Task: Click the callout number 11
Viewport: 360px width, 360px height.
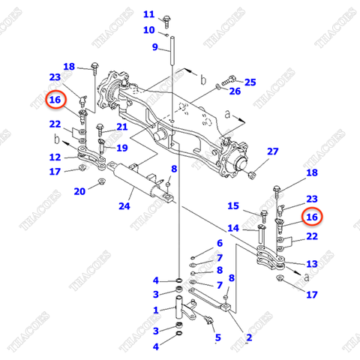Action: tap(148, 14)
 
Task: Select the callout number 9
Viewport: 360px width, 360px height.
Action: tap(154, 47)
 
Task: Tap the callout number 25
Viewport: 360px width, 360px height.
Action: tap(250, 82)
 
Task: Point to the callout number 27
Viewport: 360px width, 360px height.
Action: tap(272, 151)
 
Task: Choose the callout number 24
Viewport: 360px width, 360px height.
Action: tap(124, 205)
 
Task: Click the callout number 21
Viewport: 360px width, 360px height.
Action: tap(121, 127)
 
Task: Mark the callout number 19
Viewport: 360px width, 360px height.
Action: tap(122, 148)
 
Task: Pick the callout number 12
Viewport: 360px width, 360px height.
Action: tap(55, 157)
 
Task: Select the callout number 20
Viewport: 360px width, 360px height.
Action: tap(79, 191)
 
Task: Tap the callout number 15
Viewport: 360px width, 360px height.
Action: tap(232, 205)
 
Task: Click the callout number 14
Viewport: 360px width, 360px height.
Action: tap(232, 228)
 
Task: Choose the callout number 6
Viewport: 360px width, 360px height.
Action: tap(219, 243)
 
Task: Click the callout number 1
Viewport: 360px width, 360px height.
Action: tap(155, 310)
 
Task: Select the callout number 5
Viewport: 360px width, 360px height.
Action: tap(217, 337)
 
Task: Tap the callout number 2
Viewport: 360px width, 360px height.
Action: tap(248, 337)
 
